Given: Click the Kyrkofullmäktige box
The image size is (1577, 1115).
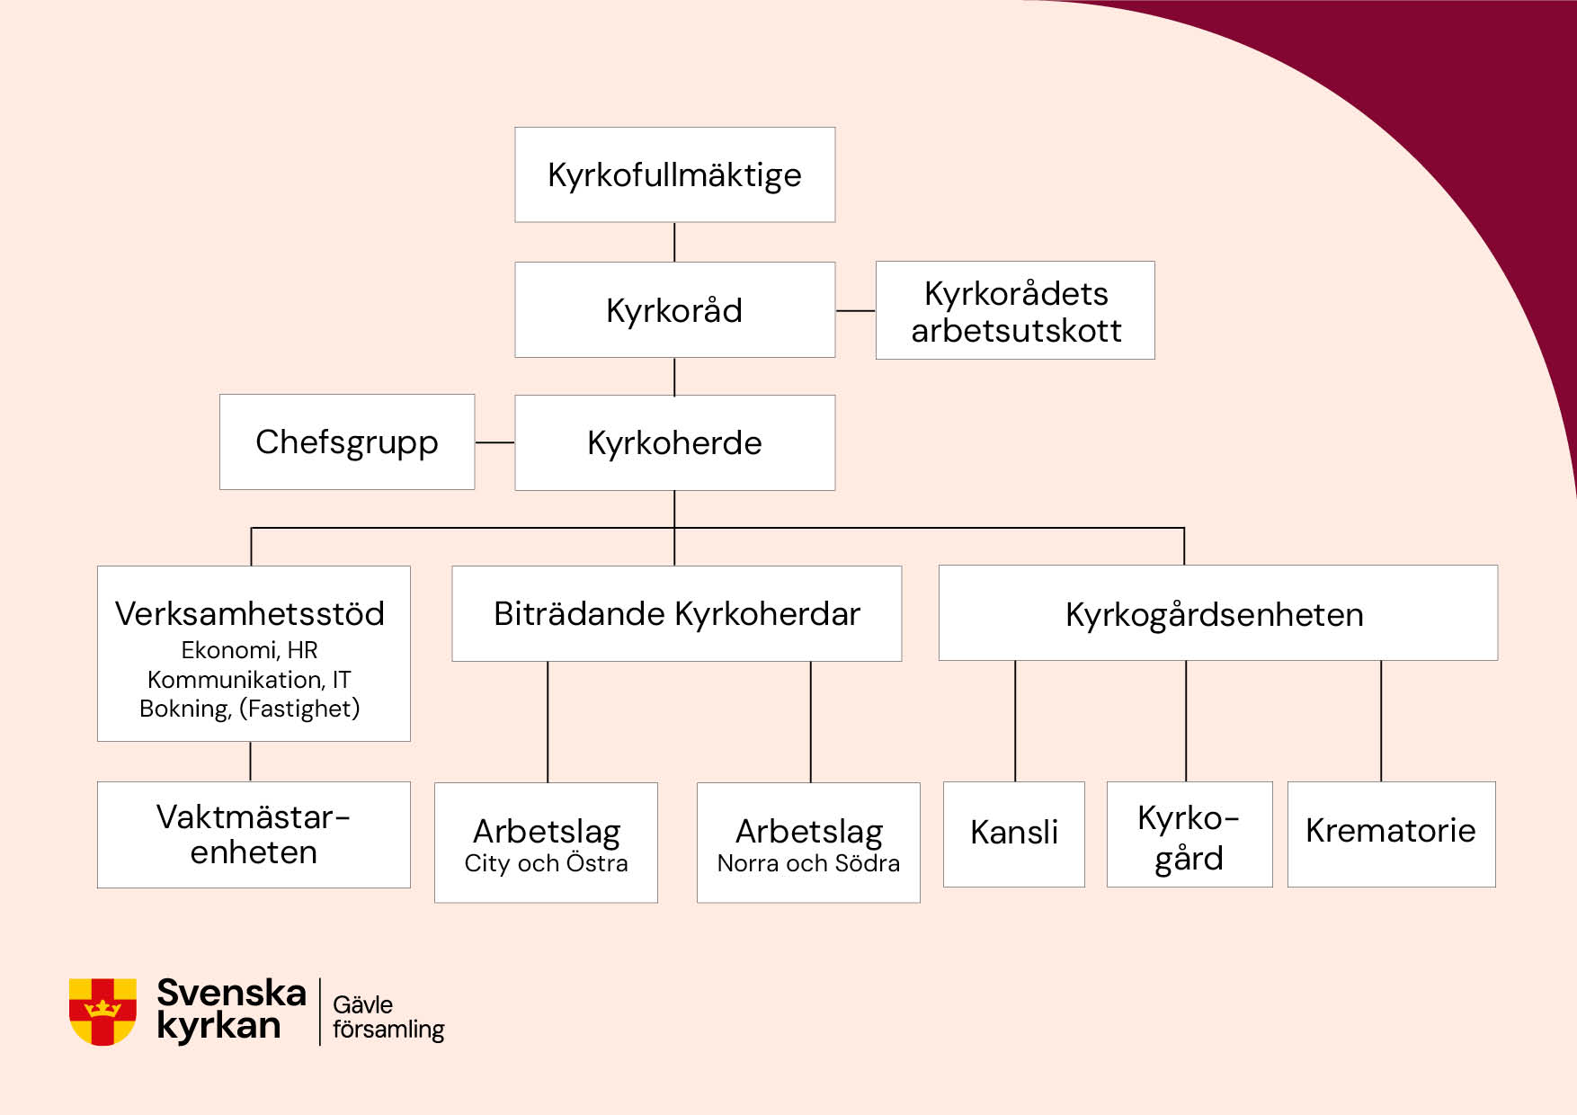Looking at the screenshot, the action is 674,174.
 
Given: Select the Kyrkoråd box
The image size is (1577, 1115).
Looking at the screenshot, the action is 674,310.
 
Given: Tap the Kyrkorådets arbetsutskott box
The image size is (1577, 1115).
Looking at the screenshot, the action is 1015,310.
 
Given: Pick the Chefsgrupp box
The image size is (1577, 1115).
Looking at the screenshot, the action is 347,442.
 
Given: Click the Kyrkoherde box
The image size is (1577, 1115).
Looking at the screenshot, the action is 674,442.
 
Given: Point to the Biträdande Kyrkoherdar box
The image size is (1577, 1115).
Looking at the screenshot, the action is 676,613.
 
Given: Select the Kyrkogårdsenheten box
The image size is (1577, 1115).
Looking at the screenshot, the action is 1218,613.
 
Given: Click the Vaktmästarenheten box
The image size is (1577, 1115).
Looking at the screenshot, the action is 254,834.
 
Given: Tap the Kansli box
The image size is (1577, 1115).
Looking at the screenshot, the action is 1014,834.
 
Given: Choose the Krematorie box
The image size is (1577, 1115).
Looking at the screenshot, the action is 1392,834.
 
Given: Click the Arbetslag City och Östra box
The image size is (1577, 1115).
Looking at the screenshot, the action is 546,843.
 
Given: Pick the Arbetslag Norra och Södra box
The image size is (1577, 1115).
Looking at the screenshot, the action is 808,843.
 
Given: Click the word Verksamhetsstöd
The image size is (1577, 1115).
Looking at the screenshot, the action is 250,613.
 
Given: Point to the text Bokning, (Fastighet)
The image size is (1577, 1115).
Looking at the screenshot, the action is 250,709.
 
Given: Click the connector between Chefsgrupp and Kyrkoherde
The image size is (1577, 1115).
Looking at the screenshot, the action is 494,442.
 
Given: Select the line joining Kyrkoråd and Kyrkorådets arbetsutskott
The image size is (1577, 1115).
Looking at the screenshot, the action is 856,311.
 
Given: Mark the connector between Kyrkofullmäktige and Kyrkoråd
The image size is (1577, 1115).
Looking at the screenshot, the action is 674,242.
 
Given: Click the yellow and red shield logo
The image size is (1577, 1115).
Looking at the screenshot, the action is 102,1012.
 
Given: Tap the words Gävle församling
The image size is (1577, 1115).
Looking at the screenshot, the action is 388,1017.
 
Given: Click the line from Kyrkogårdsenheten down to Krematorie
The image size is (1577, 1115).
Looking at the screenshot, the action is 1381,721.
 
